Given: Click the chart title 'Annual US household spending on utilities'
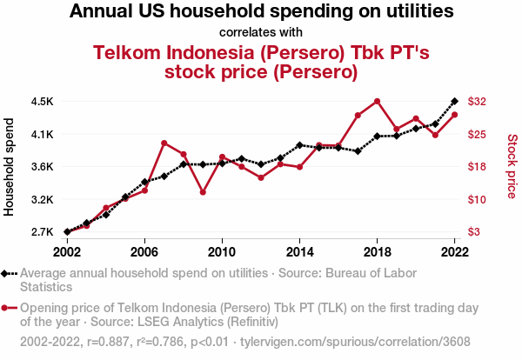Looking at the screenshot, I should click(x=261, y=12).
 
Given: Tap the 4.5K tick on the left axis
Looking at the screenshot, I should click(x=42, y=102).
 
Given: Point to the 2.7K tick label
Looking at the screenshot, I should click(x=42, y=232).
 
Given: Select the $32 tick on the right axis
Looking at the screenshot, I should click(x=477, y=102).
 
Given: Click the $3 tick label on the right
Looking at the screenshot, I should click(x=474, y=232).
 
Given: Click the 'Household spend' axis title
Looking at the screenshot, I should click(x=10, y=167).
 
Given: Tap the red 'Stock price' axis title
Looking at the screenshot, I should click(x=512, y=164).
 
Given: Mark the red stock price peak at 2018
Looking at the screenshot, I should click(x=377, y=101).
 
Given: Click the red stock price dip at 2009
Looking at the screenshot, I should click(x=203, y=192).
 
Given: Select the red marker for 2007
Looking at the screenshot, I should click(x=164, y=143).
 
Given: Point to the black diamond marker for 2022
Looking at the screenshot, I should click(x=454, y=102).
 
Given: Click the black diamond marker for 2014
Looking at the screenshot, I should click(x=299, y=145).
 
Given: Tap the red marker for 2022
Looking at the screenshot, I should click(x=454, y=115).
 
